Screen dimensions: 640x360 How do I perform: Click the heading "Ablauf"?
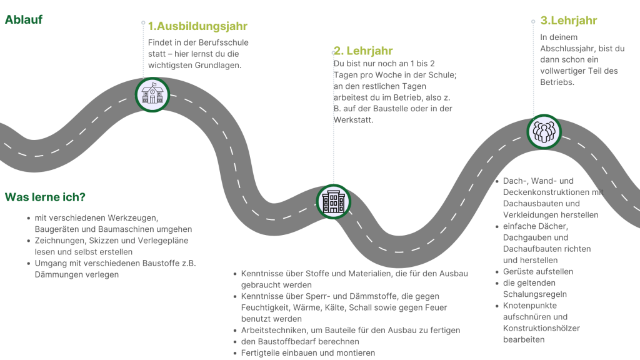(x=24, y=19)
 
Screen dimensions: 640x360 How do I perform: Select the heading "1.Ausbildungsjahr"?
(x=197, y=26)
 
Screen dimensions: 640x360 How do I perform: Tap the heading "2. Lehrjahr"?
(x=363, y=51)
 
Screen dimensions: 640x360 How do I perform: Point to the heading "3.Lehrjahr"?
(x=569, y=21)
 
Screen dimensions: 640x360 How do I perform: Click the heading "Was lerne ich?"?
(x=45, y=197)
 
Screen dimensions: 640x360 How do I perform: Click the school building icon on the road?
(x=152, y=95)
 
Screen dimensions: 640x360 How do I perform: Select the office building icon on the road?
(x=334, y=202)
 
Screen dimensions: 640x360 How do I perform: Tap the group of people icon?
(x=544, y=132)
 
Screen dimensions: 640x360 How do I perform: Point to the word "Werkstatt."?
(x=354, y=120)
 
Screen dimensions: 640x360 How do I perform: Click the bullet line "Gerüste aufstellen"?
(x=538, y=272)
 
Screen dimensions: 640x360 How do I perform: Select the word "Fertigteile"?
(x=261, y=353)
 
